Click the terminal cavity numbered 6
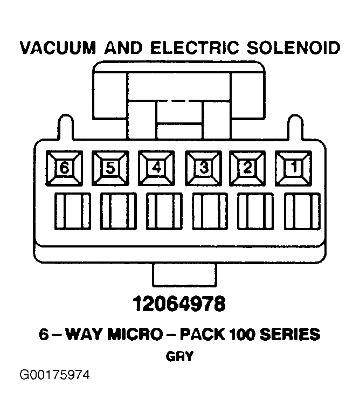click(64, 168)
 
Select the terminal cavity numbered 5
click(110, 168)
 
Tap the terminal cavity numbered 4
click(157, 168)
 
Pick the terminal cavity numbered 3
click(203, 168)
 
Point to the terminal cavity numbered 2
click(247, 168)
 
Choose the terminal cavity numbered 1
click(294, 168)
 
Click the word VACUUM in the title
click(58, 48)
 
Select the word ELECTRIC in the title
click(195, 48)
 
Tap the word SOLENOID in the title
click(293, 48)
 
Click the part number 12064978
click(179, 304)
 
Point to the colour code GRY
click(179, 356)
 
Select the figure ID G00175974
click(54, 375)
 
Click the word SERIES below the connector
click(290, 335)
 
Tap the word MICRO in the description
click(135, 335)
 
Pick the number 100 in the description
click(243, 335)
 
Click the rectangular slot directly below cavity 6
click(73, 211)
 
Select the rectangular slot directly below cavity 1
click(302, 211)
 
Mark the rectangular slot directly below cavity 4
click(164, 211)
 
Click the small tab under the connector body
click(184, 275)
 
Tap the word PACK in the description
click(203, 335)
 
